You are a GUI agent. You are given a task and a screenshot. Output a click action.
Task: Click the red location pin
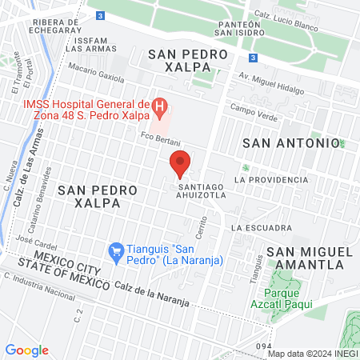[x=181, y=163]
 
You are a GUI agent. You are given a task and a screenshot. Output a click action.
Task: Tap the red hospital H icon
[x=160, y=105]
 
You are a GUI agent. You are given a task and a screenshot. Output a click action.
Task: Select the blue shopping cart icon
[x=116, y=251]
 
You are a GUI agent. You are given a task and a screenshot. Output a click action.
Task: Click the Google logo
[x=26, y=350]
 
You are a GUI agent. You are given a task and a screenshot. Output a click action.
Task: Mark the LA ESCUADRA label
[x=259, y=227]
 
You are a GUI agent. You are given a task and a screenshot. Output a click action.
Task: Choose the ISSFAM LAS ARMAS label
[x=86, y=43]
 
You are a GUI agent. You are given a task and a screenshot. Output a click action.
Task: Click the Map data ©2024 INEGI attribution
[x=310, y=353]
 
